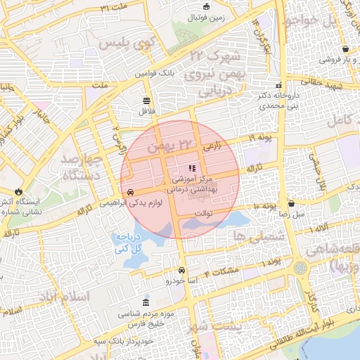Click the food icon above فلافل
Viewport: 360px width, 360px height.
click(146, 100)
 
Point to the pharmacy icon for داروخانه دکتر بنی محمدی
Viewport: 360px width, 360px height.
click(280, 85)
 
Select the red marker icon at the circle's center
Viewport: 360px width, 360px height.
click(192, 168)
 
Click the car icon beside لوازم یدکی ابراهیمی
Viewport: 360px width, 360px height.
click(131, 191)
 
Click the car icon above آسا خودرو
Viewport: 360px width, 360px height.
click(182, 270)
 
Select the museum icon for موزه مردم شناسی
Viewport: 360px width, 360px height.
click(146, 301)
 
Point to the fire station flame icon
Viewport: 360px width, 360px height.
click(18, 191)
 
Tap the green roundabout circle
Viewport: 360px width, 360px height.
click(301, 268)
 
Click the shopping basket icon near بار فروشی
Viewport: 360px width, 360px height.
click(347, 49)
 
